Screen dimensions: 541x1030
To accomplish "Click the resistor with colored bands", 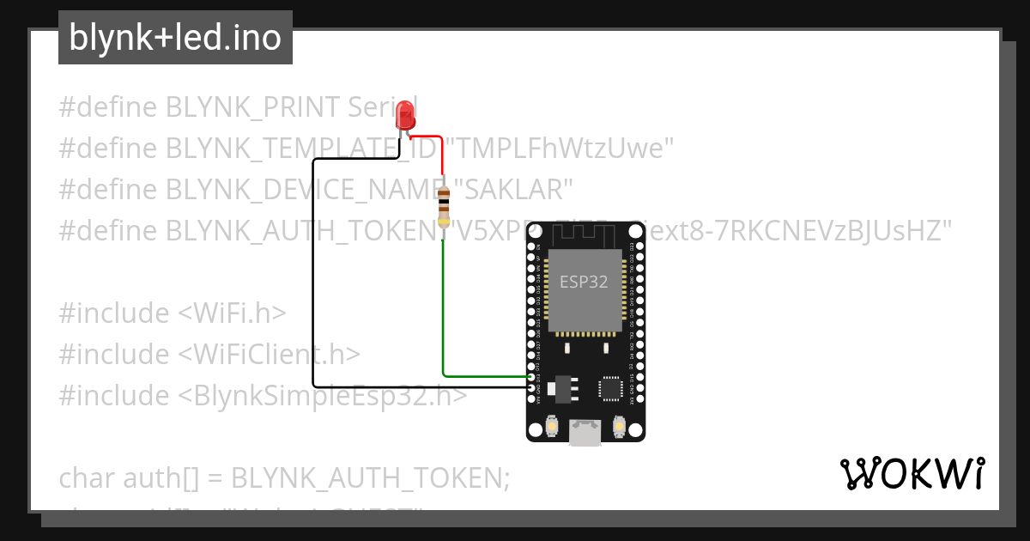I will click(443, 206).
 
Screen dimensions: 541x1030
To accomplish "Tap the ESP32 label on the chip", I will click(584, 282).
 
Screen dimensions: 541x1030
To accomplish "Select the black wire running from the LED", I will click(314, 275).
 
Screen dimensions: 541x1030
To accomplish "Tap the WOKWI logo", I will click(912, 474).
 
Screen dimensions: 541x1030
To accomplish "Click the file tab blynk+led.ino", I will click(175, 38).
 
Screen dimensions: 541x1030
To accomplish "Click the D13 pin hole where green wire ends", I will click(530, 376).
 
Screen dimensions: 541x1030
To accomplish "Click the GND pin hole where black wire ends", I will click(530, 386).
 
